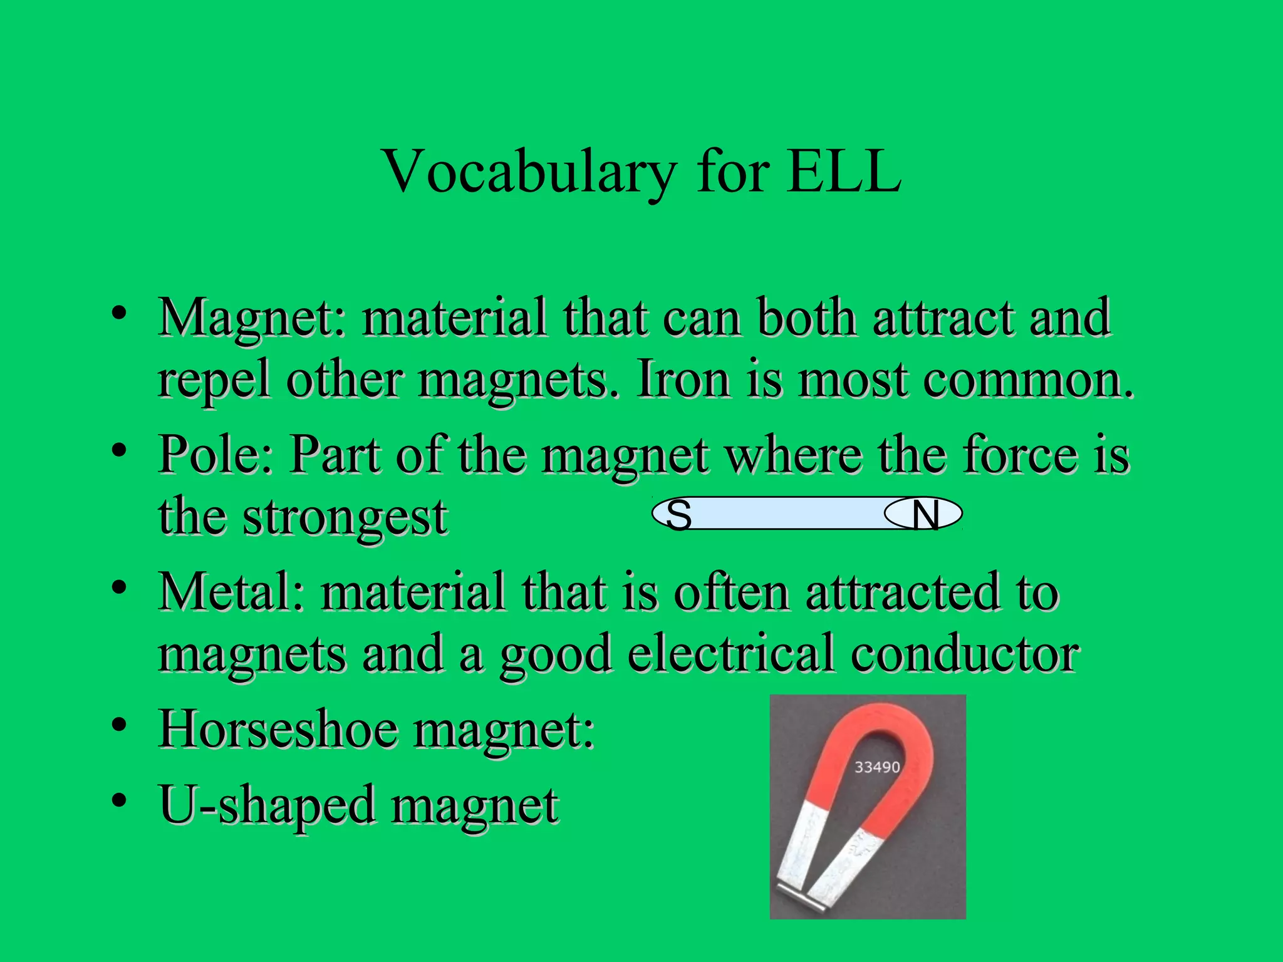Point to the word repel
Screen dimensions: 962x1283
pos(214,382)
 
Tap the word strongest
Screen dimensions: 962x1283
pos(345,518)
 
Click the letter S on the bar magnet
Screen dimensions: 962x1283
pos(678,515)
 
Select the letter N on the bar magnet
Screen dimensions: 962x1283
pos(925,515)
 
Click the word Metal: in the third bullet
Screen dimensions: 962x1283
pos(232,592)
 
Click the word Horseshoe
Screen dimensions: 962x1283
pos(279,730)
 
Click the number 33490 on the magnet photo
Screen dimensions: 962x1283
pos(877,767)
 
